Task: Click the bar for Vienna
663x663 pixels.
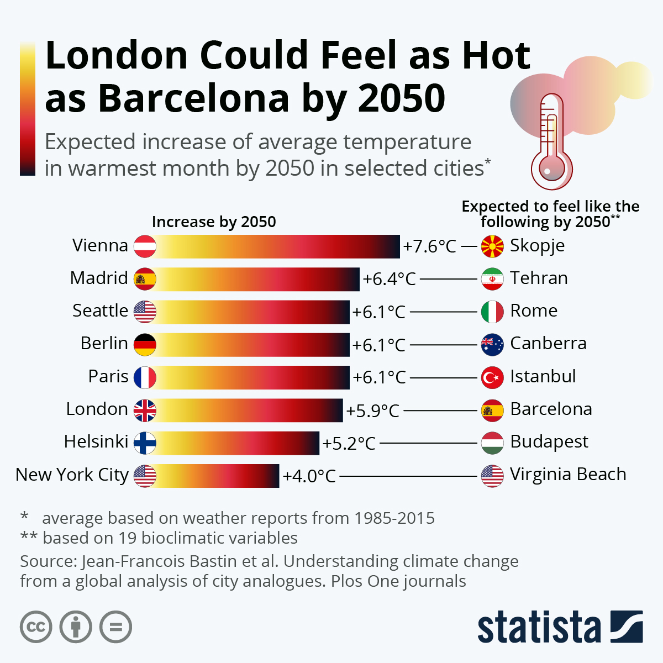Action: point(276,246)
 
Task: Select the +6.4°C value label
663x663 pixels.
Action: point(389,279)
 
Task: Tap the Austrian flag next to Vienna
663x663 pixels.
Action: point(145,246)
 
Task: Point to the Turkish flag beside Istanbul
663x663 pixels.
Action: point(492,377)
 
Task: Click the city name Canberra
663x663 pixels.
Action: point(548,343)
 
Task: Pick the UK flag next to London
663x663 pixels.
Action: point(145,411)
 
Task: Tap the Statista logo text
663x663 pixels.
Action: point(539,628)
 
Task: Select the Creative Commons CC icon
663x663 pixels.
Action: point(36,627)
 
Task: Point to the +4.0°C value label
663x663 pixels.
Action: point(309,476)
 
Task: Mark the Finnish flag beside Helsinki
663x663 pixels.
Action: point(145,443)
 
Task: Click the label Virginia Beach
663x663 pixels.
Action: point(567,475)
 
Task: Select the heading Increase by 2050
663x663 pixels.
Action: point(214,222)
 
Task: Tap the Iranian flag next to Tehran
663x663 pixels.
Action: point(492,279)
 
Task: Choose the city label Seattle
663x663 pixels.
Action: point(100,311)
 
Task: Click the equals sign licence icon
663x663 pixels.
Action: point(116,627)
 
